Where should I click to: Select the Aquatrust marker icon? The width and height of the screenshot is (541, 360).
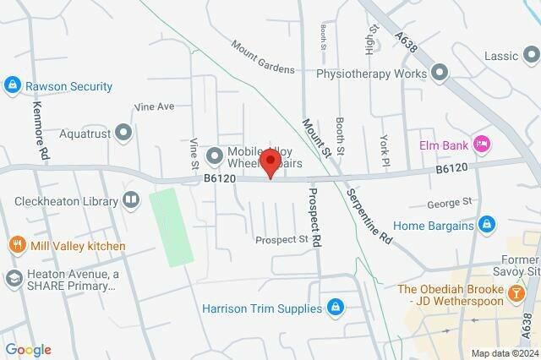124,133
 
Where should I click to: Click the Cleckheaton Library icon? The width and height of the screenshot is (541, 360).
131,200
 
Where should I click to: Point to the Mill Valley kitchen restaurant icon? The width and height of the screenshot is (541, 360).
15,246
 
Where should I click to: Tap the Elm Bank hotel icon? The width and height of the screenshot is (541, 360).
482,144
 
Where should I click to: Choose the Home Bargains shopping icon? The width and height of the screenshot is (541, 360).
486,225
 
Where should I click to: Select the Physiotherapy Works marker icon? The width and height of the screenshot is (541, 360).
439,74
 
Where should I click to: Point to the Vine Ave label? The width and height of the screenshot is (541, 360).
154,107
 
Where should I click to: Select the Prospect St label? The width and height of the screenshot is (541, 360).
281,240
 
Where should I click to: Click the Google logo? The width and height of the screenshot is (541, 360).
28,350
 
